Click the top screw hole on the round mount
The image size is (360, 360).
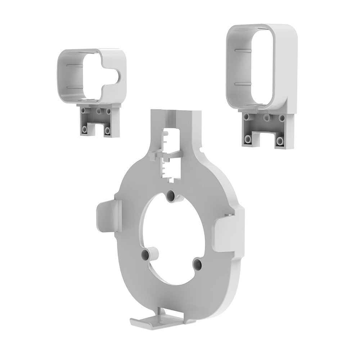171,197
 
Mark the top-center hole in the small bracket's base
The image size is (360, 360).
98,111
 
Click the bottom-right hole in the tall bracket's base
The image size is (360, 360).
279,140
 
